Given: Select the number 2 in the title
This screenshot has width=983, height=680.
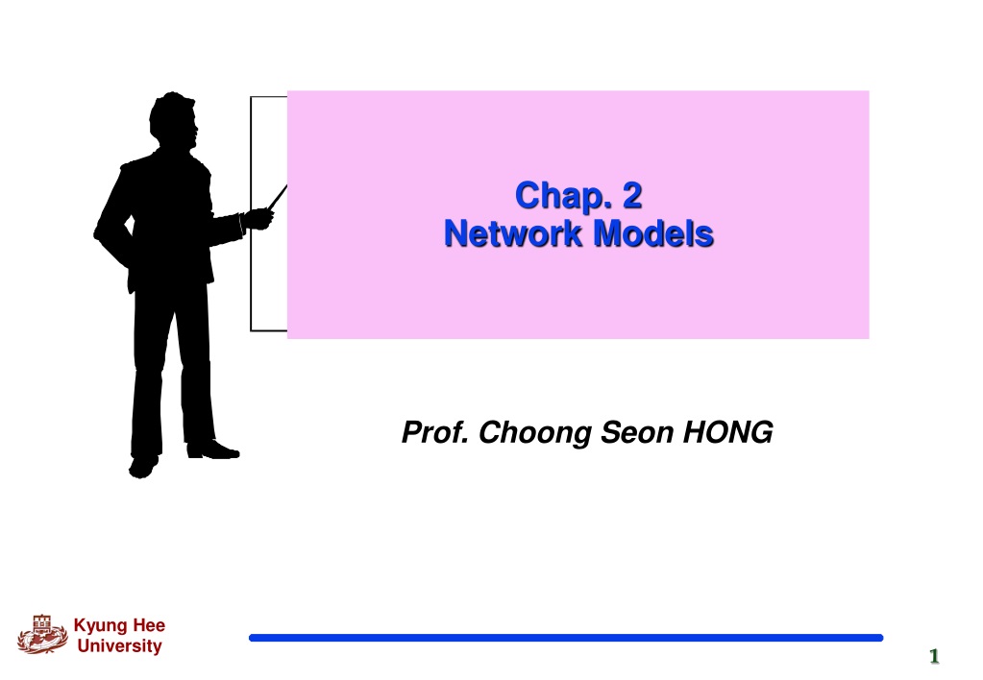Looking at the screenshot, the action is click(x=632, y=195).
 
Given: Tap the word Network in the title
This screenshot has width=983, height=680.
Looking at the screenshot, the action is click(x=513, y=233).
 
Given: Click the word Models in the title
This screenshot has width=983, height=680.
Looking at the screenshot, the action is click(x=653, y=233).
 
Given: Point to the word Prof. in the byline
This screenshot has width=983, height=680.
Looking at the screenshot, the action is click(x=435, y=432).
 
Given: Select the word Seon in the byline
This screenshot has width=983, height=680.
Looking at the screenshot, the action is click(x=637, y=432).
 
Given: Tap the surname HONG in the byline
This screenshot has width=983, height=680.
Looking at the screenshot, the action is click(x=727, y=432).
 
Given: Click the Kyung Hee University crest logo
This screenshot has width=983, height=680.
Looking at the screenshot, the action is click(x=42, y=634).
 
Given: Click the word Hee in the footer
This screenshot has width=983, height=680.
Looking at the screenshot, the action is click(x=149, y=625).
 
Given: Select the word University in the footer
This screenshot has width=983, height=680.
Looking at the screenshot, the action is click(x=120, y=645).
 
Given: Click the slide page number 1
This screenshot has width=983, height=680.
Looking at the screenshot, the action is click(x=934, y=656).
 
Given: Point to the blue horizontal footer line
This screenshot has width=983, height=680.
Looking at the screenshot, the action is click(x=566, y=638).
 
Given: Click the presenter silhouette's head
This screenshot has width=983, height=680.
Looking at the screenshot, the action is click(x=174, y=120).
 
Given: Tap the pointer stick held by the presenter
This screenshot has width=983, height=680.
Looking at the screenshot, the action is click(x=277, y=198).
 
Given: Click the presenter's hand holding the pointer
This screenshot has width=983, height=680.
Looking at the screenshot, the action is click(x=258, y=219).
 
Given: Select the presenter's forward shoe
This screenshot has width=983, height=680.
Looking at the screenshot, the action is click(x=213, y=450).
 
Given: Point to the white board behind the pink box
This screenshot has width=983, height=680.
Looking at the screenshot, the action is click(x=268, y=214).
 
